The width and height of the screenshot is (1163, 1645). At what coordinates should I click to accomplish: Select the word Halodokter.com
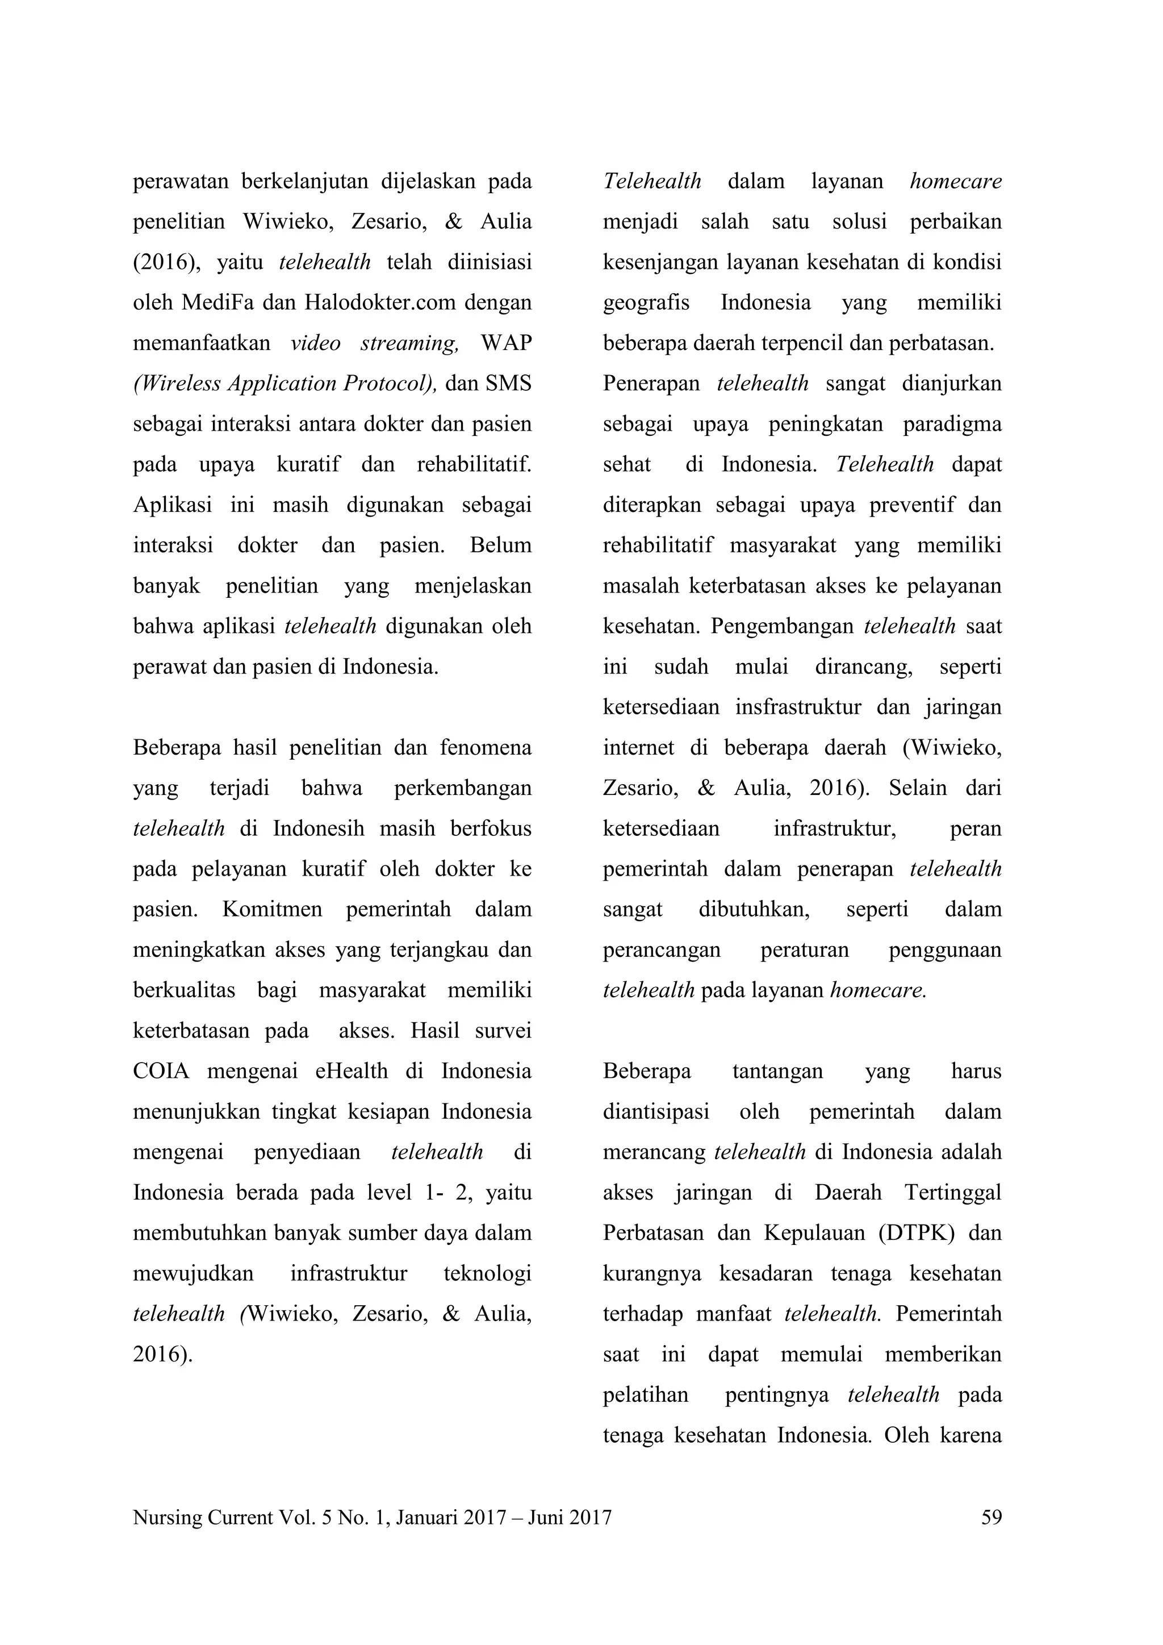tap(379, 302)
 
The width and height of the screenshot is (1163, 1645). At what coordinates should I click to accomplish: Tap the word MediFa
tap(217, 302)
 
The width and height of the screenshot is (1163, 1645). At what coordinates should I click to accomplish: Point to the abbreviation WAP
tap(507, 343)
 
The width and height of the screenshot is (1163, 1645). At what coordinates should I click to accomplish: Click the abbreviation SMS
tap(508, 384)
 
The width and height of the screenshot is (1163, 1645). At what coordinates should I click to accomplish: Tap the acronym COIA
tap(161, 1072)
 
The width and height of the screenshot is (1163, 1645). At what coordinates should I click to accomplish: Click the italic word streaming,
tap(409, 343)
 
